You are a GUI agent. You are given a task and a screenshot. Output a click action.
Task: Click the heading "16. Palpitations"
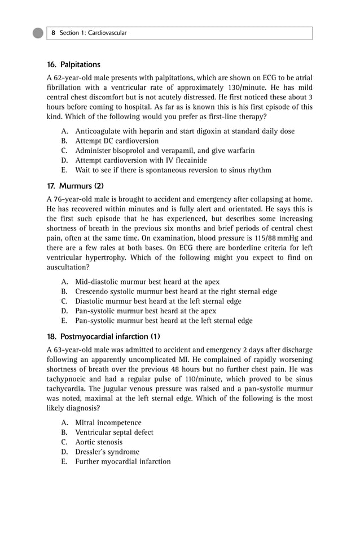pos(73,64)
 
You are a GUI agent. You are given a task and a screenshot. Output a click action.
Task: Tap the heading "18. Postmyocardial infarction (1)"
pos(104,337)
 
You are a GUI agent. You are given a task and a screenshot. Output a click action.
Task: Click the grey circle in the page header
pos(38,33)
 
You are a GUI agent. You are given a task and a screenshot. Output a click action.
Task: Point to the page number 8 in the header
pos(53,33)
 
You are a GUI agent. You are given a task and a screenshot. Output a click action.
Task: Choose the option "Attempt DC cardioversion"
pos(117,141)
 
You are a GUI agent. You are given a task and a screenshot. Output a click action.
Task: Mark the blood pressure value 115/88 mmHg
pos(284,238)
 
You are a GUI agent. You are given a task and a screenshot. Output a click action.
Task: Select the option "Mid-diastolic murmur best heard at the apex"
pos(147,282)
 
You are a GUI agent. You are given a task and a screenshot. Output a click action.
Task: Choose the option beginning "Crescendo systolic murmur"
pos(176,291)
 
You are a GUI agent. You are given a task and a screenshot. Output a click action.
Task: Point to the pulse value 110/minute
pos(167,379)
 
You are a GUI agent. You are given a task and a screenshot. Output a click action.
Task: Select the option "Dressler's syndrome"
pos(107,452)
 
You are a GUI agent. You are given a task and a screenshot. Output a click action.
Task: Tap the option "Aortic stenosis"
pos(99,442)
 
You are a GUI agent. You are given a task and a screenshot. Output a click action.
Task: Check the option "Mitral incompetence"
pos(108,423)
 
